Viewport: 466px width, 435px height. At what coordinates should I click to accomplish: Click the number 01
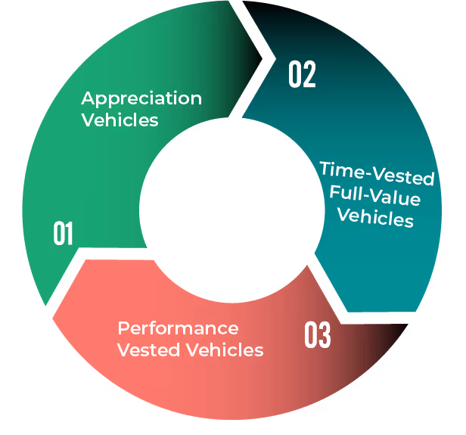coord(63,234)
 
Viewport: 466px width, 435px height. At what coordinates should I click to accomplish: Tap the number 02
coord(301,75)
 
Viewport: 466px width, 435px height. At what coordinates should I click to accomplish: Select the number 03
coord(317,336)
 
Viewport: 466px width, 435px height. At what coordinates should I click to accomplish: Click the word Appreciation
coord(141,99)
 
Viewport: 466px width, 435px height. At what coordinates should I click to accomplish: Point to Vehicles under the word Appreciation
coord(120,120)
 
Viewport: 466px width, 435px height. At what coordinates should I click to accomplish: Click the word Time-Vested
coord(376,173)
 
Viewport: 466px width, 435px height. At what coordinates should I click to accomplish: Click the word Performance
coord(178,328)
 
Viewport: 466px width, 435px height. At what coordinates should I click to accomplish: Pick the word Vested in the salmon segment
coord(144,350)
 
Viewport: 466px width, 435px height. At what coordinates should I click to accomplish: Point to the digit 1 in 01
coord(70,234)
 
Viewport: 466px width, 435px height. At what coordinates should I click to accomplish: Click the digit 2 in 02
coord(309,75)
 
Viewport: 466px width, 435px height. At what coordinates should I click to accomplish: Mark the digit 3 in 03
coord(325,336)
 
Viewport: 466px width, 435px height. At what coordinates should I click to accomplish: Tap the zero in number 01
coord(57,234)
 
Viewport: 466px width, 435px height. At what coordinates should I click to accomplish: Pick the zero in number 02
coord(294,75)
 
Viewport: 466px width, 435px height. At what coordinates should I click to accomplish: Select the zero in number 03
coord(310,336)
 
